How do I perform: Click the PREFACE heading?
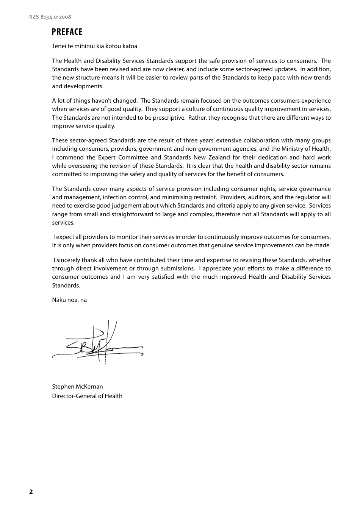point(67,32)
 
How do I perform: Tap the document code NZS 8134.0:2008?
point(50,17)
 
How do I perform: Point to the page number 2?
point(31,492)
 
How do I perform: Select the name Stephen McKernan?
point(77,387)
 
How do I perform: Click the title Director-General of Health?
point(87,396)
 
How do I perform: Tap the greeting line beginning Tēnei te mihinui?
point(94,46)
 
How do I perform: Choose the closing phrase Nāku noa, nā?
point(69,300)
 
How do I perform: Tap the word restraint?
point(204,197)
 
